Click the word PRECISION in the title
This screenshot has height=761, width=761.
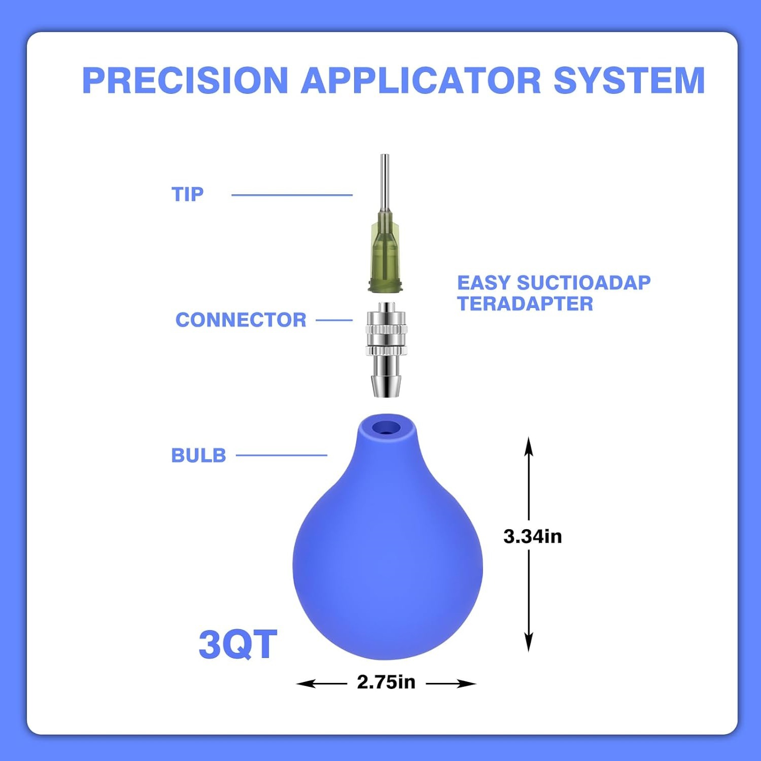point(185,80)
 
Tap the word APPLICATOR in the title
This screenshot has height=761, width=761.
point(421,80)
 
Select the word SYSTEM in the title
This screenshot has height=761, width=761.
point(629,80)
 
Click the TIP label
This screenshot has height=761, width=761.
point(188,194)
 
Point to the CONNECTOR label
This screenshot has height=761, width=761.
point(241,320)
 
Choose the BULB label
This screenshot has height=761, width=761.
point(198,456)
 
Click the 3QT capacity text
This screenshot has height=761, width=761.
point(238,644)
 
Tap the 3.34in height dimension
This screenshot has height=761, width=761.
point(533,536)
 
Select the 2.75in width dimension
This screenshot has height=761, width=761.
point(386,682)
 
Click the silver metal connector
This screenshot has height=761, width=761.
point(387,350)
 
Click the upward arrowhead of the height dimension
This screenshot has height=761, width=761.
point(529,446)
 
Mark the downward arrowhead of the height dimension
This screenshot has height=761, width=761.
point(529,642)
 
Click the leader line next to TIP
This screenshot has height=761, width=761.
point(292,195)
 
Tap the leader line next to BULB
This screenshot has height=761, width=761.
point(282,455)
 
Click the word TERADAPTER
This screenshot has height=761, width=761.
point(525,304)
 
